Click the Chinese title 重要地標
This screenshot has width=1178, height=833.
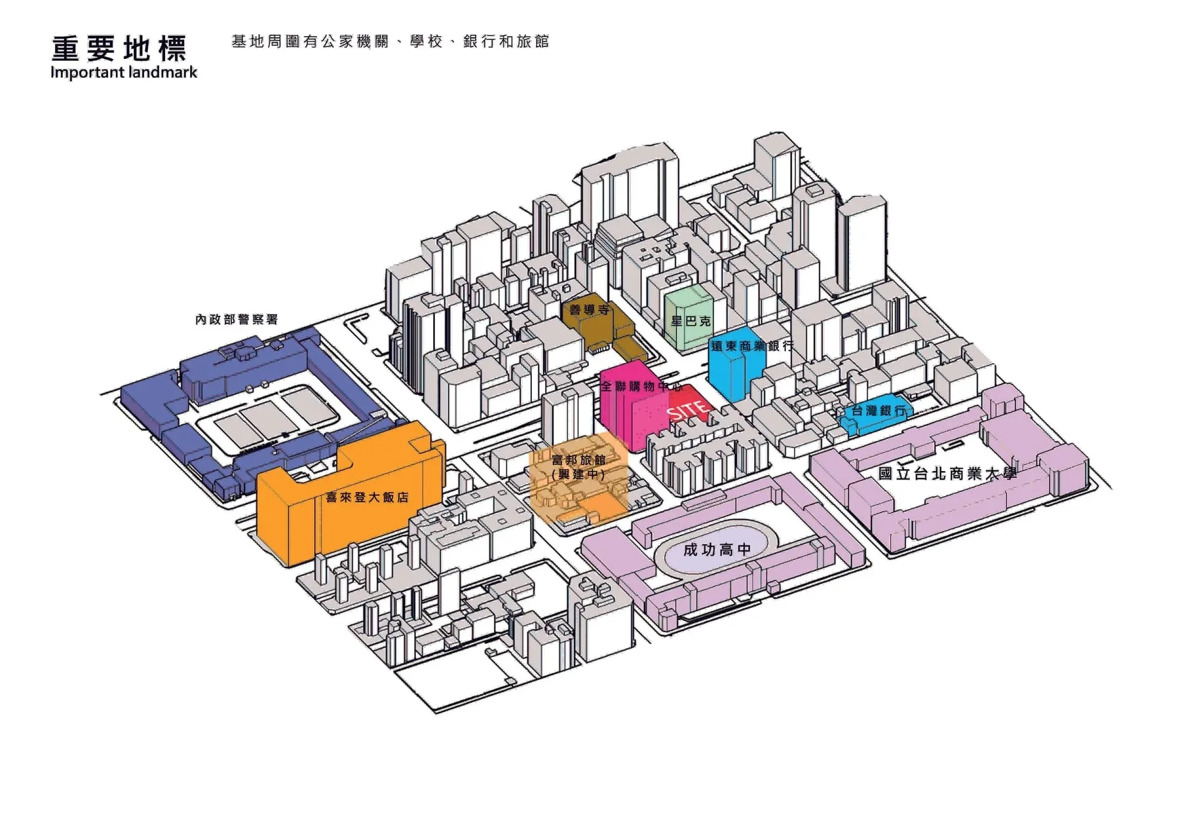click(x=119, y=48)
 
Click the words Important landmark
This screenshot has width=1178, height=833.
click(x=123, y=72)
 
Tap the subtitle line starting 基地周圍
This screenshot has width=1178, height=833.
click(x=390, y=41)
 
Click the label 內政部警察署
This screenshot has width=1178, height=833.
click(x=236, y=320)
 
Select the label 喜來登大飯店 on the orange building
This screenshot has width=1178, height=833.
click(x=367, y=497)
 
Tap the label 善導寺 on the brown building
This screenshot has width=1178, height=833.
click(x=589, y=310)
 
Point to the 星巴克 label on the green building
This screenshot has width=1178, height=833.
click(x=690, y=321)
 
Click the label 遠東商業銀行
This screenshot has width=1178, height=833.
click(x=752, y=346)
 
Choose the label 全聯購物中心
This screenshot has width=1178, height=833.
click(x=641, y=386)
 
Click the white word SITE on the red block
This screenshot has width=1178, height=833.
click(x=688, y=410)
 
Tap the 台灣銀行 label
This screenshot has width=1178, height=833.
click(x=879, y=411)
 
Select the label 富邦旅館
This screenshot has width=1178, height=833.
click(x=578, y=460)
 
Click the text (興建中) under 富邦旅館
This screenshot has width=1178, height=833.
click(x=578, y=474)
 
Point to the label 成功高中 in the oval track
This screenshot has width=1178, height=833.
click(x=717, y=550)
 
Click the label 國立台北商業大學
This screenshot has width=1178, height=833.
click(x=947, y=474)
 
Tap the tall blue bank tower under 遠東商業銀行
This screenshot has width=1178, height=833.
click(x=727, y=374)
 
